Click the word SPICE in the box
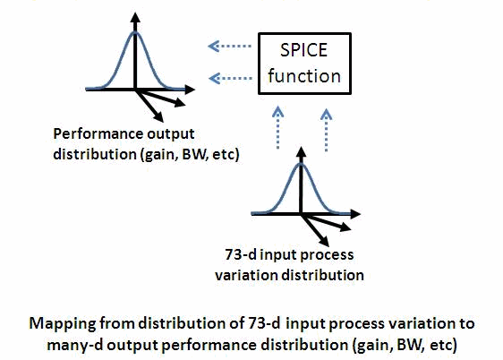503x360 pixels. tap(303, 50)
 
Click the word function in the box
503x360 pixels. tap(304, 76)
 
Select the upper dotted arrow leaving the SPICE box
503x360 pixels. tap(229, 47)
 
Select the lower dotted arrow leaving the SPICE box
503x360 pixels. tap(230, 78)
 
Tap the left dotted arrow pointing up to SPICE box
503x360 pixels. tap(277, 128)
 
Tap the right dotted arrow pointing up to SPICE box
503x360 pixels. tap(326, 130)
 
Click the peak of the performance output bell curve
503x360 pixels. tap(135, 31)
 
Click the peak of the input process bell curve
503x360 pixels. tap(301, 163)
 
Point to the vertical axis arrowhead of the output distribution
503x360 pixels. tap(135, 17)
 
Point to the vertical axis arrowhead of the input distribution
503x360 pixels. tap(301, 151)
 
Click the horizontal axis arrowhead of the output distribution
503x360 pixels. tap(190, 90)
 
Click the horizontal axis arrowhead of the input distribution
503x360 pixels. tap(355, 214)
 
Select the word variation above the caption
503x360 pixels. tap(246, 275)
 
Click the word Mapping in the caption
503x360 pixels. tap(63, 324)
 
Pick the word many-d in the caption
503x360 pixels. tap(74, 346)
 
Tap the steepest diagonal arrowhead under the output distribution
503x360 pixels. tap(158, 117)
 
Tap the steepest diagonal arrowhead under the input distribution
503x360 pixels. tap(324, 242)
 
